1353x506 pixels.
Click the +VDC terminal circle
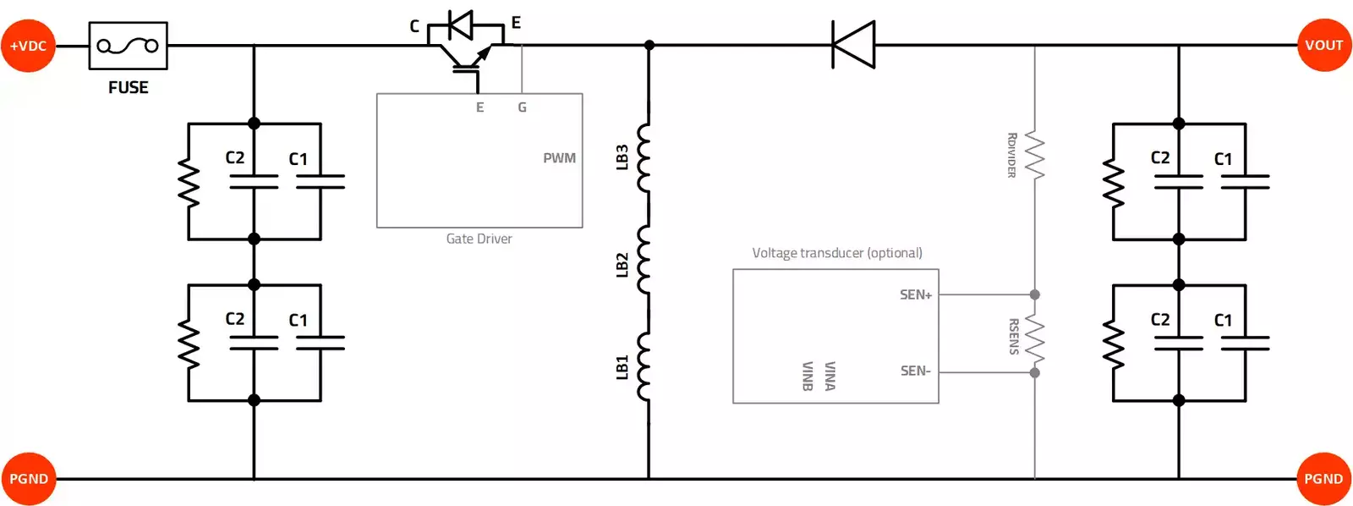[x=28, y=46]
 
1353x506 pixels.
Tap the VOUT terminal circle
[x=1323, y=45]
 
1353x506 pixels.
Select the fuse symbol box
[x=128, y=46]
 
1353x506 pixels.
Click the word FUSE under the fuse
[x=128, y=87]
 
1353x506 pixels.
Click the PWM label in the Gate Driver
[x=559, y=158]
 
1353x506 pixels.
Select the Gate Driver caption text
[x=479, y=239]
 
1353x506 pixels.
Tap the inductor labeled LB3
[x=644, y=157]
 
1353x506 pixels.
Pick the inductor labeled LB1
[x=644, y=366]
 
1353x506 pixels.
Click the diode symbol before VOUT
[x=853, y=45]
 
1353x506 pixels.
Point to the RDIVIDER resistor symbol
[x=1035, y=155]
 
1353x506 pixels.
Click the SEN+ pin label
[x=915, y=294]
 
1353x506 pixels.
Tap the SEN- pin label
[x=915, y=371]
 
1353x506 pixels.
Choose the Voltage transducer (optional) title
[x=836, y=253]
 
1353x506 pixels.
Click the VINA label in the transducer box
[x=830, y=376]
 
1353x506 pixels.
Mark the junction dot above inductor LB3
[x=649, y=45]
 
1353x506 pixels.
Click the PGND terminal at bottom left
[x=28, y=478]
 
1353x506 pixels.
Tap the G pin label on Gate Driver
[x=522, y=107]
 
